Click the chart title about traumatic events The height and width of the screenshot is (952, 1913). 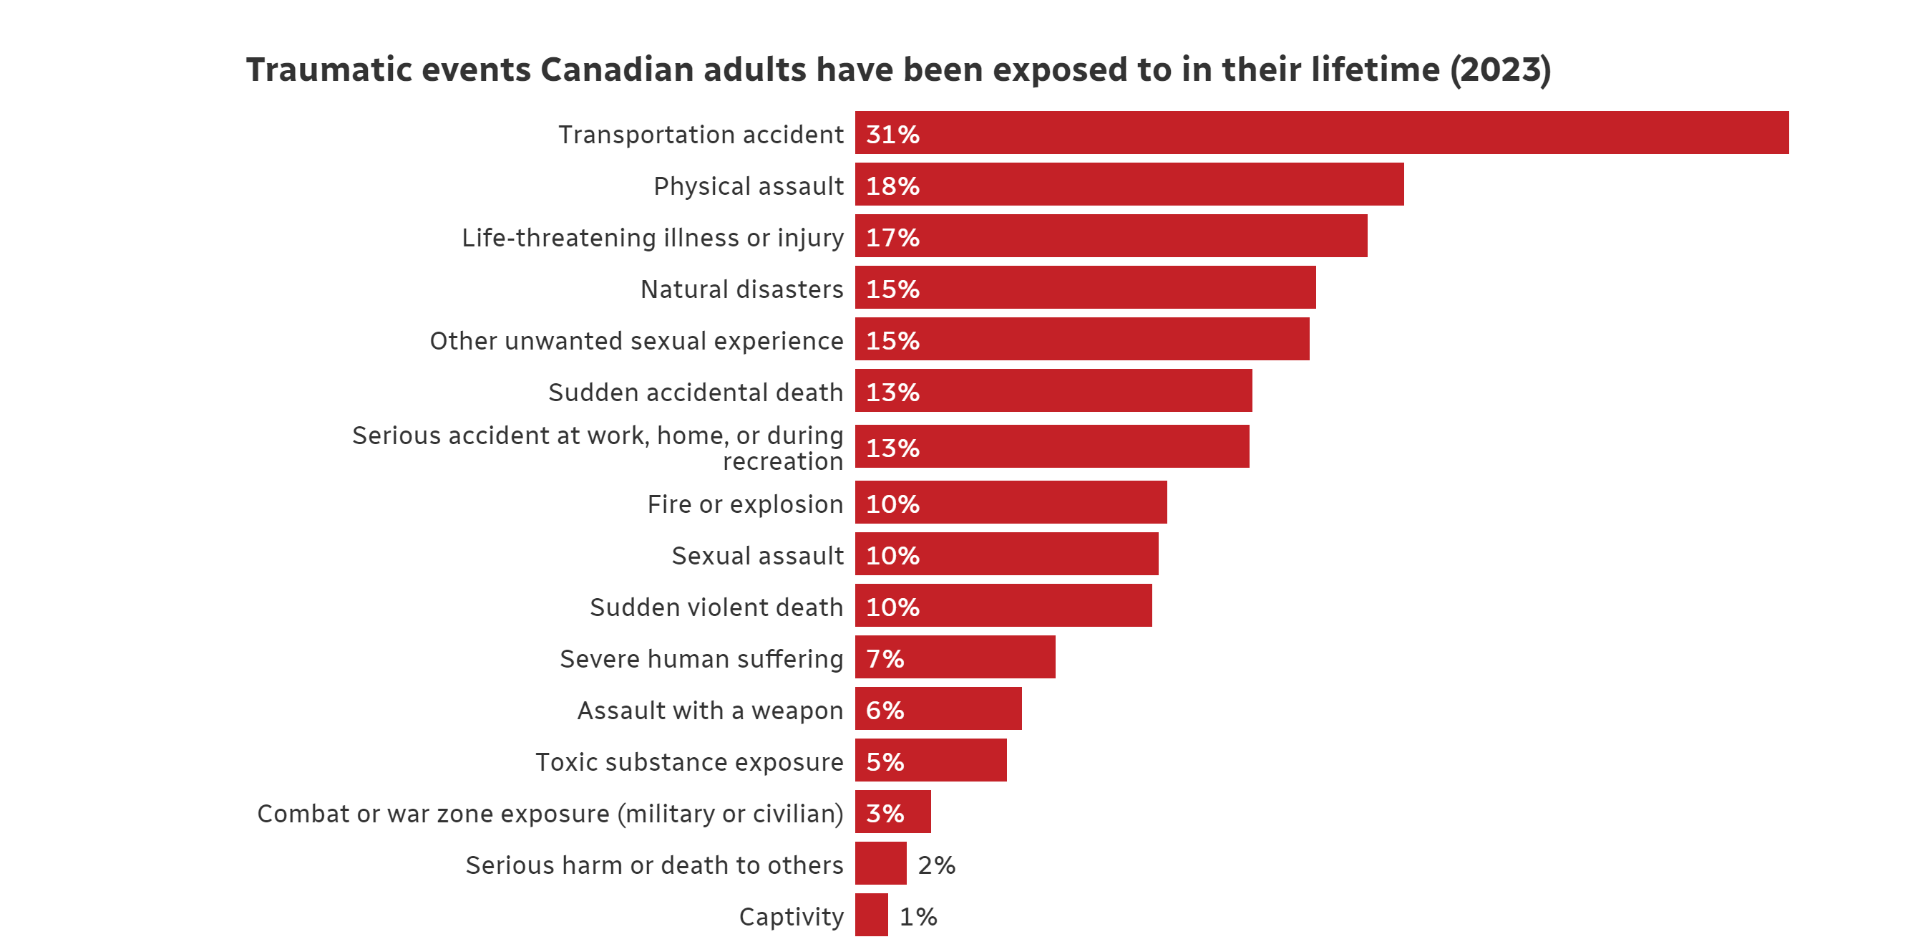(x=898, y=70)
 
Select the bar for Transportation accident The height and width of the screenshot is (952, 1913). (x=1322, y=133)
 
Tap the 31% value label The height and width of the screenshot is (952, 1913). (x=892, y=135)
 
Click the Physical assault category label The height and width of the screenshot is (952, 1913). (x=749, y=186)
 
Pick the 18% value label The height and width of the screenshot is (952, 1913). (x=892, y=186)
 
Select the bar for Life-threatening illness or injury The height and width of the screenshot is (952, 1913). (x=1111, y=236)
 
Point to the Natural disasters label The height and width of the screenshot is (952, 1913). (x=742, y=289)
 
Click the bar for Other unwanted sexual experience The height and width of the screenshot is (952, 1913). (x=1082, y=340)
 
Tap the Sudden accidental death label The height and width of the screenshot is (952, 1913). (x=696, y=393)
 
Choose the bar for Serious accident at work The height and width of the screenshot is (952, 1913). (x=1052, y=447)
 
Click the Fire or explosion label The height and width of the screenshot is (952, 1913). (x=746, y=504)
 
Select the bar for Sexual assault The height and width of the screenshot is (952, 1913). (x=1006, y=554)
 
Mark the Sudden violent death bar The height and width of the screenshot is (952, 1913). (x=1003, y=606)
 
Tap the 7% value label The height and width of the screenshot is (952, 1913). (x=885, y=659)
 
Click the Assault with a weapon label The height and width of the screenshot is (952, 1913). (x=711, y=711)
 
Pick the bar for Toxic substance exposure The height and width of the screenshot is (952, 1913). (x=930, y=760)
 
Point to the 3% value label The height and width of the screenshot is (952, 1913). (x=885, y=814)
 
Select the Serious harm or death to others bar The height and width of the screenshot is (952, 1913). (x=881, y=864)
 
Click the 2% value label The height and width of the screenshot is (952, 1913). (x=936, y=866)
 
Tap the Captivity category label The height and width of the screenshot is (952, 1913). (x=792, y=917)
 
